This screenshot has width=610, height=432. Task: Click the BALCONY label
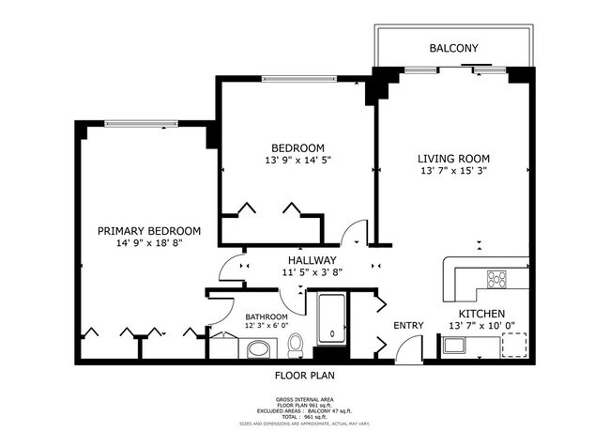pyautogui.click(x=454, y=48)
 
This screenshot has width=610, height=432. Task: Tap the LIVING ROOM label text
pyautogui.click(x=454, y=158)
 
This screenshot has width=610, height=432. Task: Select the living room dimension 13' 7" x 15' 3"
pyautogui.click(x=454, y=171)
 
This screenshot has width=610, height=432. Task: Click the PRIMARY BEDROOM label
pyautogui.click(x=149, y=231)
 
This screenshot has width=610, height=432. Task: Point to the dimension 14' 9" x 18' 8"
pyautogui.click(x=149, y=244)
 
